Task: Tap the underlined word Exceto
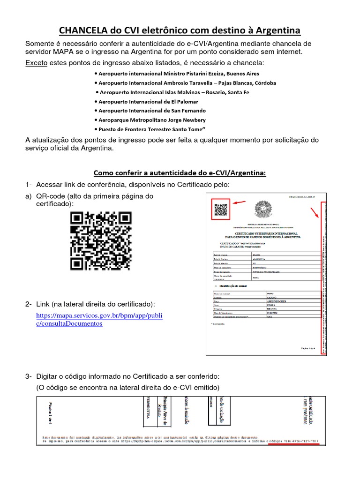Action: tap(36, 63)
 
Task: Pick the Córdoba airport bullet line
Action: tap(185, 83)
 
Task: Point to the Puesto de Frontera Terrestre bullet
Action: tap(150, 129)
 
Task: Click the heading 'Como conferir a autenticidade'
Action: tap(180, 173)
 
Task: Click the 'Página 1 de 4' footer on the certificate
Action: tap(307, 349)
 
